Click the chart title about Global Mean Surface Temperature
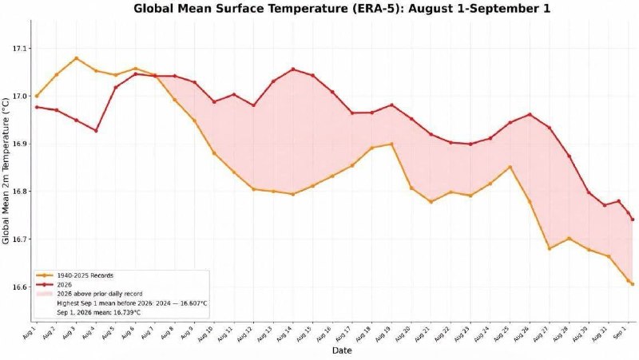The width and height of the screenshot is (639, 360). pyautogui.click(x=342, y=9)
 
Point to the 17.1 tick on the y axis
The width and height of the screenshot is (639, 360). pyautogui.click(x=19, y=49)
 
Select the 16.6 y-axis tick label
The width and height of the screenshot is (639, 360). pyautogui.click(x=19, y=287)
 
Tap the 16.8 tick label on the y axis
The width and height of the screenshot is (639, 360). pyautogui.click(x=19, y=192)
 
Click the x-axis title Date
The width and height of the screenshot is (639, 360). pyautogui.click(x=342, y=350)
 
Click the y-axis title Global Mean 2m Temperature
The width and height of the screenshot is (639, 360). pyautogui.click(x=6, y=171)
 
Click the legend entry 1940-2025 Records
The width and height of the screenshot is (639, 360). pyautogui.click(x=85, y=275)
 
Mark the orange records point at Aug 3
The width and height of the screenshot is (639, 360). pyautogui.click(x=76, y=58)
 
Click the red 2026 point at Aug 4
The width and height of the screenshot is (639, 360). pyautogui.click(x=96, y=131)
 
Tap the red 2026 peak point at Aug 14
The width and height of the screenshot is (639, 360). pyautogui.click(x=293, y=69)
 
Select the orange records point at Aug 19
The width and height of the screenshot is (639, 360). pyautogui.click(x=391, y=144)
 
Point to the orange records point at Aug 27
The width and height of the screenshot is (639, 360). pyautogui.click(x=550, y=248)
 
